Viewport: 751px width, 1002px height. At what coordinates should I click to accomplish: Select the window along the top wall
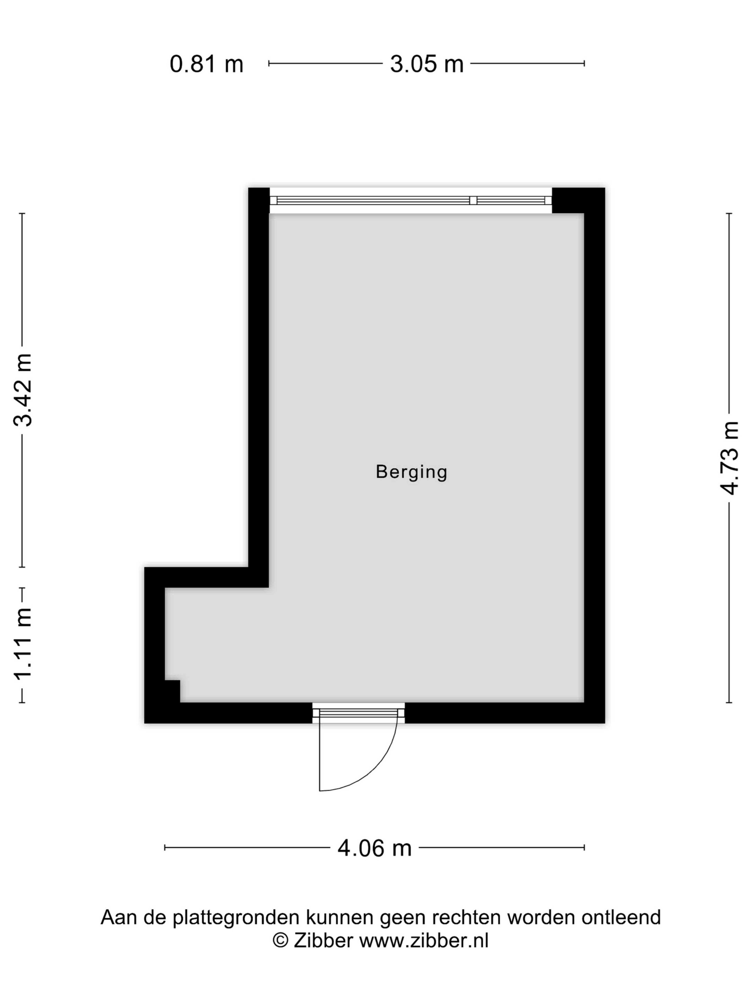(x=411, y=200)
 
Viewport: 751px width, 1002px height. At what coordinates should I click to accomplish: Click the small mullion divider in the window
(x=473, y=200)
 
